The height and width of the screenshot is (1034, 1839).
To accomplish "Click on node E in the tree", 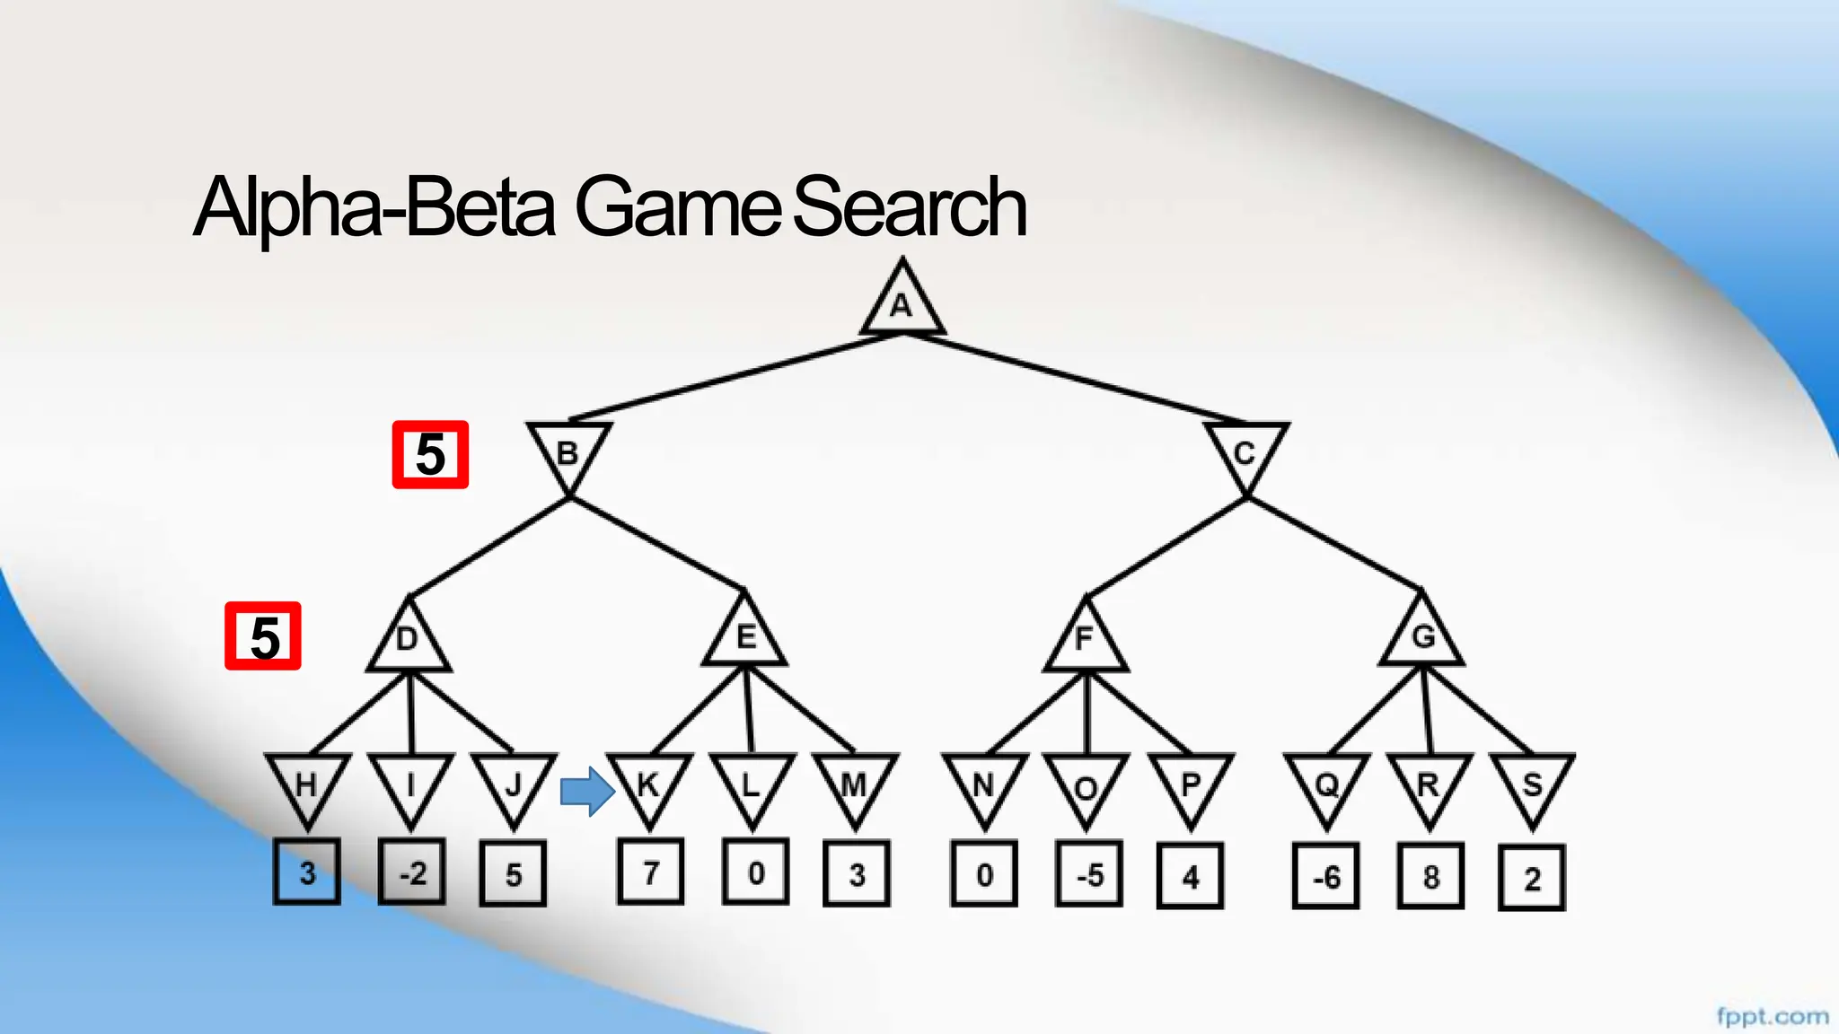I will (x=745, y=636).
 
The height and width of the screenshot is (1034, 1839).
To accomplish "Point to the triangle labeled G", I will (x=1423, y=636).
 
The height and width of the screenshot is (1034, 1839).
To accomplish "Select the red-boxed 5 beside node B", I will (x=430, y=455).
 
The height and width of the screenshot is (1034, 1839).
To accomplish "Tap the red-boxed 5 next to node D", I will (x=263, y=636).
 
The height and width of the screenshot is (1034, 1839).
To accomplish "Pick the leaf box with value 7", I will (x=651, y=872).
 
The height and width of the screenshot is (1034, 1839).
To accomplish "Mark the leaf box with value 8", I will (x=1430, y=876).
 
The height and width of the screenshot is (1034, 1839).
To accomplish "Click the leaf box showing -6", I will (x=1326, y=876).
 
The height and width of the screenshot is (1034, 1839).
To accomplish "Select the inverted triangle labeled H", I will (x=307, y=785).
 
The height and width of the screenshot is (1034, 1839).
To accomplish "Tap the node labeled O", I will (x=1087, y=787).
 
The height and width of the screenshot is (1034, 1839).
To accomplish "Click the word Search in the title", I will (x=910, y=207).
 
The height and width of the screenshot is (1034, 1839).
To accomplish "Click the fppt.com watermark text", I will (x=1773, y=1016).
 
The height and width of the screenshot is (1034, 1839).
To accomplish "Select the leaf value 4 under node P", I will (x=1191, y=876).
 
